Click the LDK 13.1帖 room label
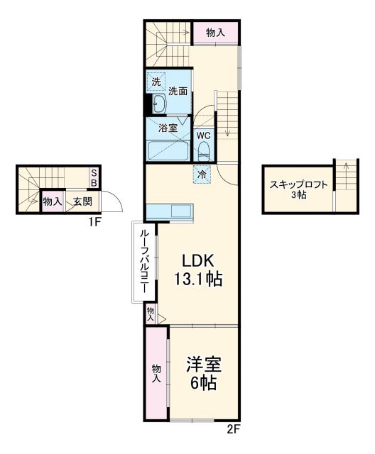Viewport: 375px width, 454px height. [198, 270]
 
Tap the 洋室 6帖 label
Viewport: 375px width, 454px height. [203, 374]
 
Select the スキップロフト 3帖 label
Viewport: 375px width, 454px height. [298, 189]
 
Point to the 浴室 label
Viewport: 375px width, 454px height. [168, 129]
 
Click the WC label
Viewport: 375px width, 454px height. [203, 135]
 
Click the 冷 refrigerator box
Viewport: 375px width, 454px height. [202, 173]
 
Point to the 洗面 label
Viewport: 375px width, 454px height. [178, 92]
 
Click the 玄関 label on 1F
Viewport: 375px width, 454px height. [82, 201]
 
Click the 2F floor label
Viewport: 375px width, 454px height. [234, 428]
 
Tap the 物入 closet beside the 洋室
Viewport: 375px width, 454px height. [156, 374]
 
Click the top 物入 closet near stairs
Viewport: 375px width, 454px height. [215, 33]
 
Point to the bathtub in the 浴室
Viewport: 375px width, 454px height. [168, 151]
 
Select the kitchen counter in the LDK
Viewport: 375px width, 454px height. [168, 211]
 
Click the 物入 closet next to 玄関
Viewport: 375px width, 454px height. [52, 201]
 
